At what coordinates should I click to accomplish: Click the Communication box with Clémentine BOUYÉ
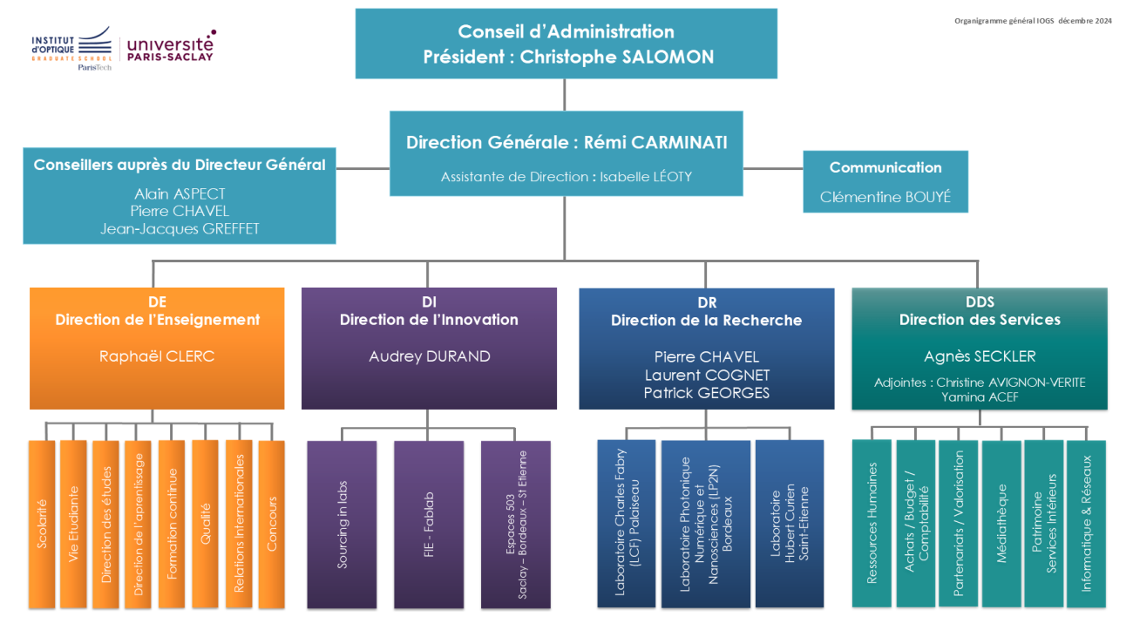coord(885,181)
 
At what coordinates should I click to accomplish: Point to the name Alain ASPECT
coord(180,193)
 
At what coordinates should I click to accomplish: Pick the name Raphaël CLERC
coord(157,356)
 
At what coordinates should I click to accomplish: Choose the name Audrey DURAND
coord(429,356)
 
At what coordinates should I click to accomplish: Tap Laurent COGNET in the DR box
coord(707,375)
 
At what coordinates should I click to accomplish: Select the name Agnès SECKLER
coord(980,356)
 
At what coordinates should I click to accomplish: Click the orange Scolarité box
coord(41,524)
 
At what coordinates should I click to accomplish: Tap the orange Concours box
coord(272,524)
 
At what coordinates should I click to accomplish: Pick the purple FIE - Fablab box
coord(428,524)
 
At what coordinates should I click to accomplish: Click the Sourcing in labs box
coord(342,524)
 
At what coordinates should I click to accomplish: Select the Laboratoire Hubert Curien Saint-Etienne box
coord(789,523)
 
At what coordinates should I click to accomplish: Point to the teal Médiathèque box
coord(1001,524)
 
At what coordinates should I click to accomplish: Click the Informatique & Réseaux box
coord(1086,524)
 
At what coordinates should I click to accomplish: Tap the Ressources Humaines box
coord(872,524)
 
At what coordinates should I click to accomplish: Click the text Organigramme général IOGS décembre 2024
coord(1033,22)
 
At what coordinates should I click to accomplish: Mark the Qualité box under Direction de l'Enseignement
coord(205,524)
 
